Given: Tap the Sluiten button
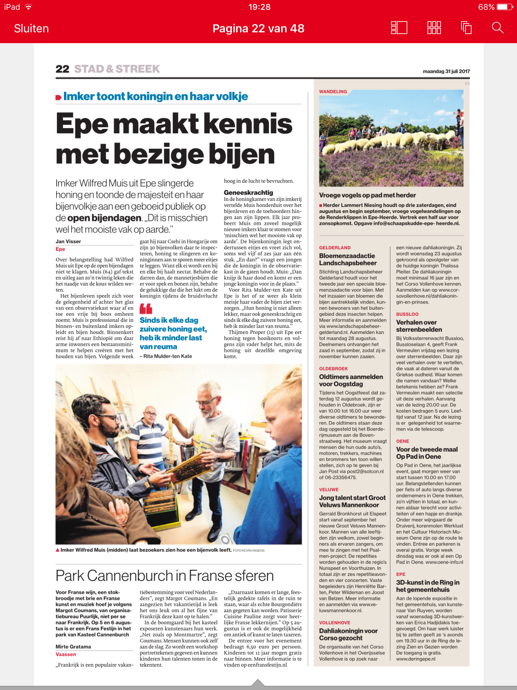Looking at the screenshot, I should pos(31,29).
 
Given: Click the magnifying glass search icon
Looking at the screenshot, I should pos(497,28).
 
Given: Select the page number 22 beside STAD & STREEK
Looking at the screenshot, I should pos(62,69).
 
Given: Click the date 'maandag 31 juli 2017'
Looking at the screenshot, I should pos(446,71).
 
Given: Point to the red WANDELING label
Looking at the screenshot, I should pos(333,92).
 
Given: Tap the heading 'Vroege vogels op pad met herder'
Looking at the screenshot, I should pos(367,195).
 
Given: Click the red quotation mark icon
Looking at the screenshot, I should pos(146,309).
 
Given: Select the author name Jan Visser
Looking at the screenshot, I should pos(68,242).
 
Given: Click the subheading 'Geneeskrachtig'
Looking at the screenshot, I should pos(248,192).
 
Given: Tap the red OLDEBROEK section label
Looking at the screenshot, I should pos(333,369).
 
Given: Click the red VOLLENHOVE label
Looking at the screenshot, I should pos(335,623).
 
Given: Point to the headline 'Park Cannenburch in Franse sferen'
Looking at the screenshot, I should pos(165,576).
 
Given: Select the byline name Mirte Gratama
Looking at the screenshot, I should pos(73,647).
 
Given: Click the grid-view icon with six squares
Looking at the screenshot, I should pos(434,28).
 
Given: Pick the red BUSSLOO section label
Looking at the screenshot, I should pos(407,314).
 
